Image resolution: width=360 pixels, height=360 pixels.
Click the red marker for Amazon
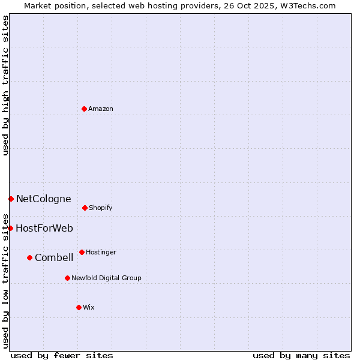(x=84, y=109)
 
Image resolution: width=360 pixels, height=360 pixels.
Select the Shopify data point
(x=85, y=208)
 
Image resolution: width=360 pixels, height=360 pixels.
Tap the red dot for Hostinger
(x=82, y=252)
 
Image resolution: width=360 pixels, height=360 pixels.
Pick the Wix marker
(x=79, y=307)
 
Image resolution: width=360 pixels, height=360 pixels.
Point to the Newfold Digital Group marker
(x=67, y=278)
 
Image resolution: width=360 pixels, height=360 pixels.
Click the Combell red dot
(x=29, y=257)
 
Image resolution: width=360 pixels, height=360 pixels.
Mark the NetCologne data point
(x=11, y=199)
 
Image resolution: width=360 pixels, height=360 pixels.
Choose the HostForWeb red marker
(x=10, y=228)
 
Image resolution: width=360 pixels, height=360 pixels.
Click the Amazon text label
(x=101, y=109)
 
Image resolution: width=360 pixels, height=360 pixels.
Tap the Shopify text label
(x=101, y=208)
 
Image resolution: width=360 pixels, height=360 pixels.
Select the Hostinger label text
(x=101, y=253)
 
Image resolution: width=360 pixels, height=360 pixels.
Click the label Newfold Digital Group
(x=106, y=278)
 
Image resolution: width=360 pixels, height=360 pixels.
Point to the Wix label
(x=89, y=308)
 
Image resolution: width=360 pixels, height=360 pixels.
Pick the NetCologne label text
(x=43, y=199)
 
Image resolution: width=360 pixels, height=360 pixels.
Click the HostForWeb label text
(x=44, y=229)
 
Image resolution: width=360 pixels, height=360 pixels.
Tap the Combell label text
(x=54, y=258)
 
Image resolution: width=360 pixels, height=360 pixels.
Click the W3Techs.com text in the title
(x=308, y=6)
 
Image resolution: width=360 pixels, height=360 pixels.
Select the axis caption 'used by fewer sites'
(x=62, y=356)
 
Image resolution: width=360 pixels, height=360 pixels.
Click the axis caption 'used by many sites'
(x=301, y=356)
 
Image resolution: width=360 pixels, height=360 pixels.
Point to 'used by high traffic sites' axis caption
(x=6, y=85)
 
